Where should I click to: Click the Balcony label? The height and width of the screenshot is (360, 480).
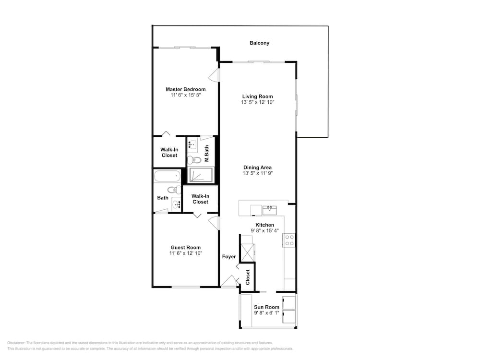(259, 43)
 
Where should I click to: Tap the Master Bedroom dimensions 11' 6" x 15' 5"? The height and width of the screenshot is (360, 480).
(186, 95)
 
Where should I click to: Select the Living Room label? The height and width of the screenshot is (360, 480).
(257, 96)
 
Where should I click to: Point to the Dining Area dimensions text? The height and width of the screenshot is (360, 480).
(257, 173)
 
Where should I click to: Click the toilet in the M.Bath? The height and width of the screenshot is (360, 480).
(194, 159)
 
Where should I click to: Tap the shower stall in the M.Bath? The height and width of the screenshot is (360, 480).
(200, 175)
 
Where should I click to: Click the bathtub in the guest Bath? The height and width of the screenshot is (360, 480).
(167, 177)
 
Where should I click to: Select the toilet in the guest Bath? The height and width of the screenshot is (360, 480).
(175, 190)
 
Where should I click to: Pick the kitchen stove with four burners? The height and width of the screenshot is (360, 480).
(289, 240)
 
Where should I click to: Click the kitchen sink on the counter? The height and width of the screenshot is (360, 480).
(270, 210)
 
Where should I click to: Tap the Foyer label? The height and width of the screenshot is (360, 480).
(229, 256)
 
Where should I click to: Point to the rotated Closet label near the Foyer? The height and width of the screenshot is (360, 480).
(248, 277)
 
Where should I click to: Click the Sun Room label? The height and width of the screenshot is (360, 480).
(266, 307)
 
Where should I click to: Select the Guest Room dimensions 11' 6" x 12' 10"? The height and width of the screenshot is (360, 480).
(186, 253)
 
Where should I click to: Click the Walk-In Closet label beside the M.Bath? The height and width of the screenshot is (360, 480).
(169, 153)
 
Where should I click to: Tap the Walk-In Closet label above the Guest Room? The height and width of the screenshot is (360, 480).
(201, 199)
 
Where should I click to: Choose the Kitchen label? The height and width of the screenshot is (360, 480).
(265, 225)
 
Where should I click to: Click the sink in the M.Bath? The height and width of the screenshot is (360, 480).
(192, 144)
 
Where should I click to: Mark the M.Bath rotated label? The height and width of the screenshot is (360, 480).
(206, 154)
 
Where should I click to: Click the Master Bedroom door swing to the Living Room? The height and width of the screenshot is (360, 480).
(214, 75)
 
